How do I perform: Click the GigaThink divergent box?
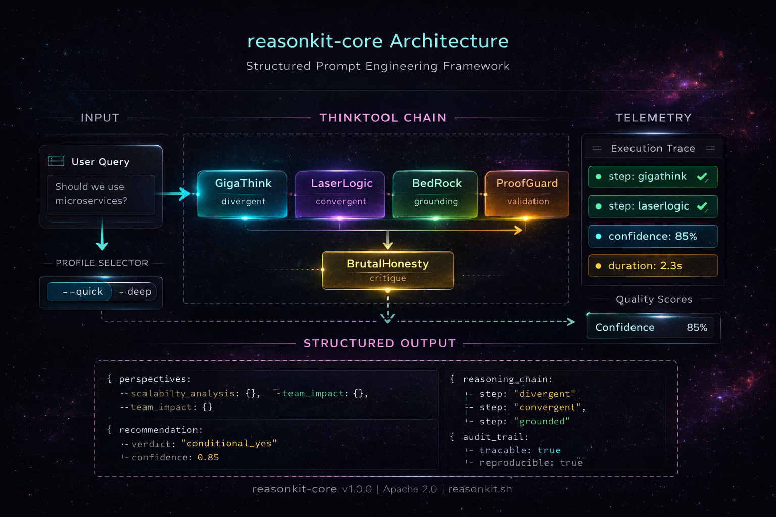tap(243, 194)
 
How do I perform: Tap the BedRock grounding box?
tap(435, 194)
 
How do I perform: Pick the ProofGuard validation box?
tap(527, 194)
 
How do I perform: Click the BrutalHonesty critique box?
tap(387, 270)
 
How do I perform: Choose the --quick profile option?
tap(81, 292)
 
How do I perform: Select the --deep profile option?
tap(135, 292)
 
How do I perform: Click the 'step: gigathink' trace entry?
tap(652, 177)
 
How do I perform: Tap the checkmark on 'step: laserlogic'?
tap(702, 206)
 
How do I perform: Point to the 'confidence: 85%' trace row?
tap(652, 236)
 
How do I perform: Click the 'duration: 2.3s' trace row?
tap(652, 266)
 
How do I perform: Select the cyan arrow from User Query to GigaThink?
tap(174, 194)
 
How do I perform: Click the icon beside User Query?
tap(56, 161)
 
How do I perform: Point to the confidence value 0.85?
tap(208, 457)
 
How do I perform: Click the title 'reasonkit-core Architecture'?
tap(377, 41)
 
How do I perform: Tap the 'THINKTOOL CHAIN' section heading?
tap(383, 118)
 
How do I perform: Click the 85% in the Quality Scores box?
tap(697, 327)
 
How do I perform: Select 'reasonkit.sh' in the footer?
tap(480, 489)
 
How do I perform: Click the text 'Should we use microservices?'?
tap(91, 194)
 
